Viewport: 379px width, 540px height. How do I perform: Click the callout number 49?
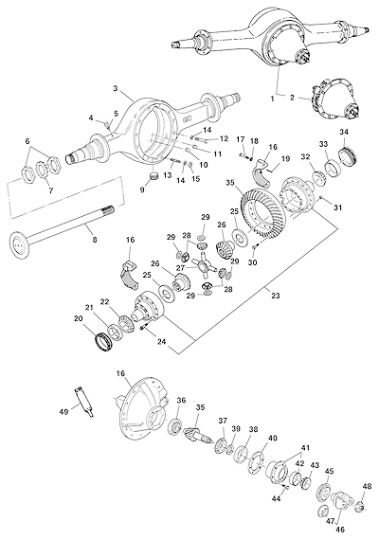63,410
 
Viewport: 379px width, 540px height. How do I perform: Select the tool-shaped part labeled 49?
83,402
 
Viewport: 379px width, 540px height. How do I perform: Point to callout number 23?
275,296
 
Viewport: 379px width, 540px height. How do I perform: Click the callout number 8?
94,239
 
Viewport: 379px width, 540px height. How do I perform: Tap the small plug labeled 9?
153,175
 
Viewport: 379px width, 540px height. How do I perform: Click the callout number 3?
115,88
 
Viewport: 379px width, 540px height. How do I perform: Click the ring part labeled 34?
348,154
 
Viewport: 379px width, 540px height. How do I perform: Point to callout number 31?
337,207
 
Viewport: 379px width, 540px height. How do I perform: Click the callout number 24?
161,341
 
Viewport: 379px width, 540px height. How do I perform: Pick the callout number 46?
339,530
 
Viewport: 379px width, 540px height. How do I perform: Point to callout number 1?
272,99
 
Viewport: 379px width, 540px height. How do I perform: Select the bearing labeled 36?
175,426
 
